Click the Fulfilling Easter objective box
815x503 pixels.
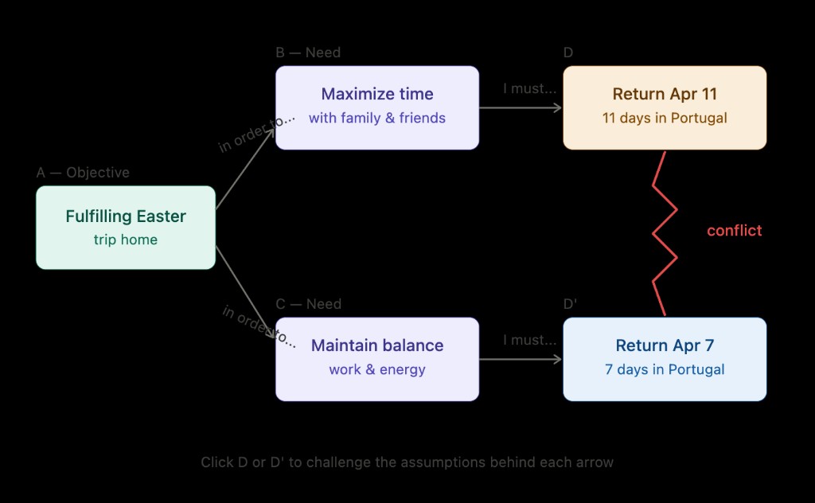tap(126, 227)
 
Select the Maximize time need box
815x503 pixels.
tap(377, 107)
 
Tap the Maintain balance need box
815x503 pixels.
tap(377, 359)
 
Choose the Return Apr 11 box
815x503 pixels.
tap(665, 107)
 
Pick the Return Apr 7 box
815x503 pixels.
tap(665, 359)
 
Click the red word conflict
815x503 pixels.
tap(734, 231)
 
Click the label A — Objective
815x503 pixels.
tap(83, 173)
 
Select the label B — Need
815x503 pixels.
tap(308, 53)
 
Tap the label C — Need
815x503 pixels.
tap(308, 304)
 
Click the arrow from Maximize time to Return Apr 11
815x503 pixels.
tap(521, 107)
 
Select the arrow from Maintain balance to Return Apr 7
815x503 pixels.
tap(521, 359)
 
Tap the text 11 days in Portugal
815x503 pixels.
tap(665, 118)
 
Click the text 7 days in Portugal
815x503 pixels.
tap(665, 369)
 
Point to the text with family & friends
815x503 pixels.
tap(377, 118)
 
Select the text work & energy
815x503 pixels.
tap(377, 369)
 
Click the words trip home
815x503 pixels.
tap(126, 240)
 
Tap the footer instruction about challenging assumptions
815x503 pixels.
tap(407, 462)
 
